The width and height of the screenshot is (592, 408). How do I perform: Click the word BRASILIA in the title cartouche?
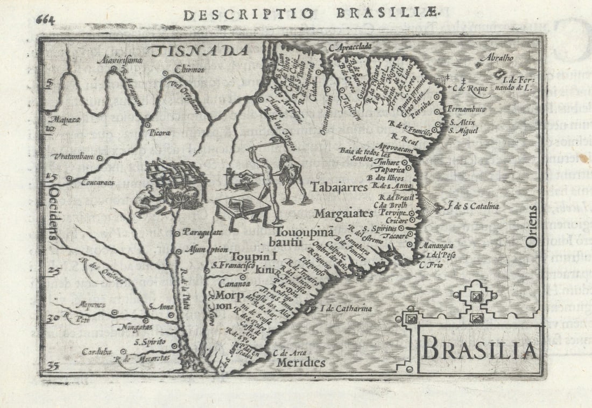[479, 349]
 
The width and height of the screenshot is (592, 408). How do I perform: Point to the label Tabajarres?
[339, 186]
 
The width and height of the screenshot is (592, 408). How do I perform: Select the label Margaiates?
[344, 213]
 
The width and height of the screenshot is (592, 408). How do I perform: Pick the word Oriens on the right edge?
[532, 226]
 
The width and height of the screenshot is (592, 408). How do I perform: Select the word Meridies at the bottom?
[301, 363]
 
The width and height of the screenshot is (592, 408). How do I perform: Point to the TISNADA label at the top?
[199, 51]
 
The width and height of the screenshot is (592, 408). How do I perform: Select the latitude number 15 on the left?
[51, 177]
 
